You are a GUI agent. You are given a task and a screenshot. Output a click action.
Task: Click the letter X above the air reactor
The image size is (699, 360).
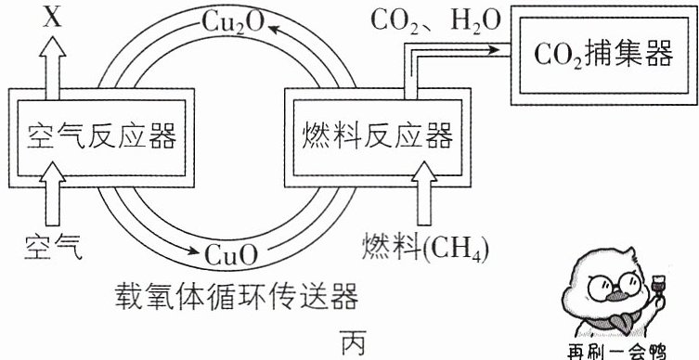pyautogui.click(x=53, y=18)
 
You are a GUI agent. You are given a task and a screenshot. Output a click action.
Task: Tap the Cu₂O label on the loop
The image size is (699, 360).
pyautogui.click(x=234, y=22)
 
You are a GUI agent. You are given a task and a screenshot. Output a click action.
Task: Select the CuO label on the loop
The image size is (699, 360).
pyautogui.click(x=231, y=255)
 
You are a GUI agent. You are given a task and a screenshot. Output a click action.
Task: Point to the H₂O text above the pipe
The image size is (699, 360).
pyautogui.click(x=475, y=22)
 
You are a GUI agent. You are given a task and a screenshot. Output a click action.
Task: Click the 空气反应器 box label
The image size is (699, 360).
pyautogui.click(x=101, y=135)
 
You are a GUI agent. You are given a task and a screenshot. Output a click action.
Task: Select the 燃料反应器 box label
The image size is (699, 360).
pyautogui.click(x=378, y=135)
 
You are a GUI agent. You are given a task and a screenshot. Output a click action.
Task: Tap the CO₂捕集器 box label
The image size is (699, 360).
pyautogui.click(x=603, y=56)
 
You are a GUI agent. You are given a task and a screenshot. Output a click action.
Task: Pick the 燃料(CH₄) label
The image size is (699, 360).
pyautogui.click(x=425, y=248)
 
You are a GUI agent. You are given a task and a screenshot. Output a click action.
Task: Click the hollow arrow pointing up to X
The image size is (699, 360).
pyautogui.click(x=53, y=67)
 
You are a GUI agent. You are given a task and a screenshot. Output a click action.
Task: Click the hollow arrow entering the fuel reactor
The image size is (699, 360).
pyautogui.click(x=424, y=194)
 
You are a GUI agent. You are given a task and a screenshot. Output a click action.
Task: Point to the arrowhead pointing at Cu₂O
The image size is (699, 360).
pyautogui.click(x=274, y=30)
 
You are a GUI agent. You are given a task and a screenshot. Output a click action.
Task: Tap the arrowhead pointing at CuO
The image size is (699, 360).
pyautogui.click(x=193, y=251)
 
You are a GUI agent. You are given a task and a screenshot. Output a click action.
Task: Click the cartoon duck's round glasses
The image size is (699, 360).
pyautogui.click(x=615, y=285)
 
